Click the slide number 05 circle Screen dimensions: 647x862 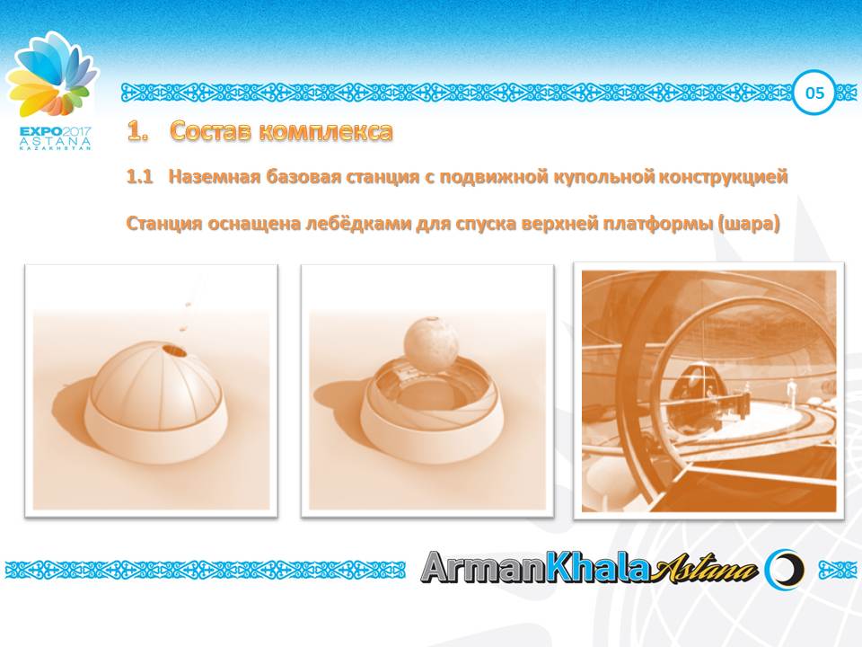click(x=814, y=93)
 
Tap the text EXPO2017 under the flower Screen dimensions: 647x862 click(x=55, y=130)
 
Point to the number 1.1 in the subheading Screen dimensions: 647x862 click(x=139, y=178)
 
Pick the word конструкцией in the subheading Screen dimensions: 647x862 click(x=723, y=178)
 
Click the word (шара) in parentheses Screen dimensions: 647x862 click(x=747, y=223)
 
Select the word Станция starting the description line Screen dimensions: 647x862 click(x=163, y=223)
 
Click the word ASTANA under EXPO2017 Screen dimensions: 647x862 click(x=55, y=141)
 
